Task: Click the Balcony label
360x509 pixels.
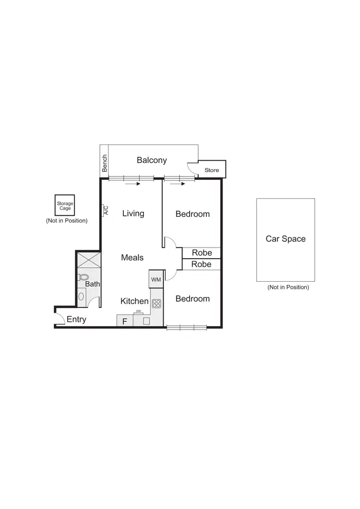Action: point(152,160)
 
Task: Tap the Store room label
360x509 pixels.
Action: point(212,170)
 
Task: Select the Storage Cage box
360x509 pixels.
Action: point(65,206)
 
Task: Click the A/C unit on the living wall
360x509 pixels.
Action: point(105,211)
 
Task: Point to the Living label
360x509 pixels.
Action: point(133,213)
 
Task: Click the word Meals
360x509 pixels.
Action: point(132,258)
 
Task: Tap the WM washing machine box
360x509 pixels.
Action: point(156,279)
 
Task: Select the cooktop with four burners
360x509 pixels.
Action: point(156,303)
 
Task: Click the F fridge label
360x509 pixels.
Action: point(124,321)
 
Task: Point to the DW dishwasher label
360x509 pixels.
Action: point(138,311)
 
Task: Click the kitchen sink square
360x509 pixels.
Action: point(147,321)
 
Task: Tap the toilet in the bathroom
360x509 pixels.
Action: point(84,277)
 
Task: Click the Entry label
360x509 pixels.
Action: point(76,320)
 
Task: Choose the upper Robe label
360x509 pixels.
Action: point(202,253)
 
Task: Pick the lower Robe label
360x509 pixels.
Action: point(202,264)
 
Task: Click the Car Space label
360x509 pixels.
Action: point(286,239)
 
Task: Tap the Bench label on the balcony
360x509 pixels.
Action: point(105,164)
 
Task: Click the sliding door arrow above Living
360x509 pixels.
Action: point(132,183)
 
